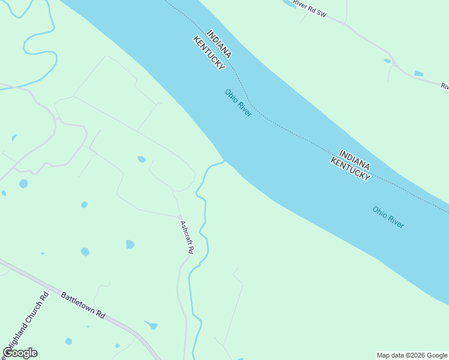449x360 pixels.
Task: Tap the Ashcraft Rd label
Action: [187, 237]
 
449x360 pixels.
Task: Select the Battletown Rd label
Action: [83, 305]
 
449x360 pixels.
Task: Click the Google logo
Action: [20, 353]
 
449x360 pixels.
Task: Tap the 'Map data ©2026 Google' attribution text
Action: [412, 355]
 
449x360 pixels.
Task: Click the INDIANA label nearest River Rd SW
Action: [218, 44]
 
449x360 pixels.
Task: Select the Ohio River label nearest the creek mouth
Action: [238, 103]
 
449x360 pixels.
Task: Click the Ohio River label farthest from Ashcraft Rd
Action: [388, 217]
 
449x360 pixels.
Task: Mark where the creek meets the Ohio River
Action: [224, 161]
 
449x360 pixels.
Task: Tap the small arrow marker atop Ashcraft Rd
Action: [179, 217]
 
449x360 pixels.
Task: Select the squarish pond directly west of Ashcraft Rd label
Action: [130, 244]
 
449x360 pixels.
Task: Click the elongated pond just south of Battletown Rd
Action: [152, 325]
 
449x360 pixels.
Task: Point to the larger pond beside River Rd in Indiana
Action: [418, 73]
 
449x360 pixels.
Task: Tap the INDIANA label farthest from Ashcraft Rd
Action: [354, 159]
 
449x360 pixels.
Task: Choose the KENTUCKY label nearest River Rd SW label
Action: [209, 53]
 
